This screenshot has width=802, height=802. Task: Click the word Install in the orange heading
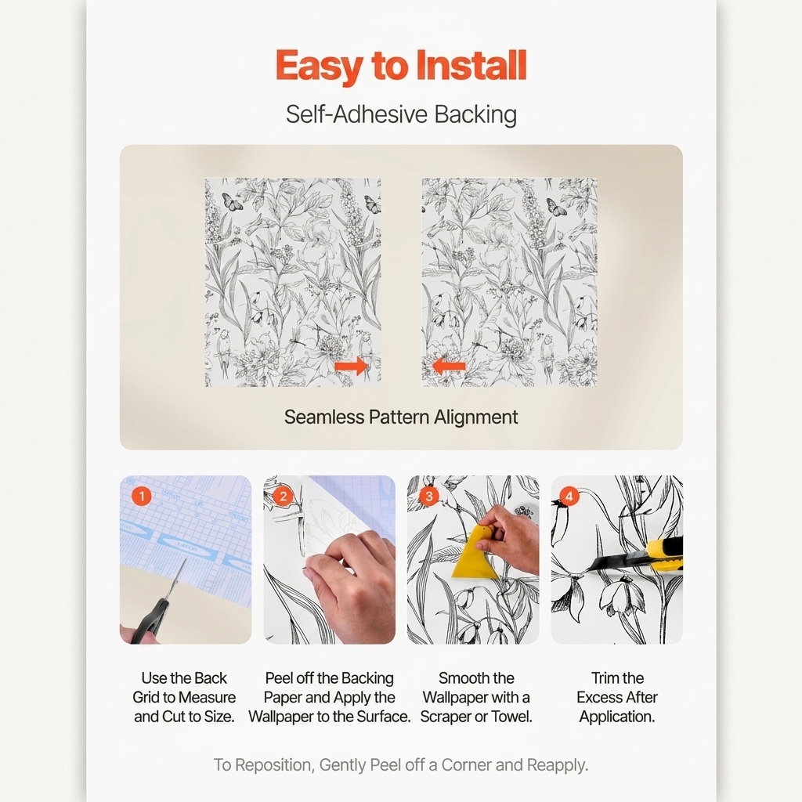pyautogui.click(x=471, y=66)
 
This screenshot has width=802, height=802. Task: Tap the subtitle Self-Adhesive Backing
pyautogui.click(x=401, y=114)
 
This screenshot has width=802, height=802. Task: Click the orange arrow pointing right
pyautogui.click(x=351, y=366)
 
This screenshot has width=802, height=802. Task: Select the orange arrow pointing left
pyautogui.click(x=449, y=366)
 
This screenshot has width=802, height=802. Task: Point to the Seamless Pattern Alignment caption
pyautogui.click(x=401, y=417)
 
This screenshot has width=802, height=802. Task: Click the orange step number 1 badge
pyautogui.click(x=141, y=496)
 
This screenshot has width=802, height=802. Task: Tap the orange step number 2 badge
pyautogui.click(x=283, y=496)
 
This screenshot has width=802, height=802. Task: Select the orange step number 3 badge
pyautogui.click(x=428, y=496)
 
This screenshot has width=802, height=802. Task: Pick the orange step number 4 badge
pyautogui.click(x=569, y=496)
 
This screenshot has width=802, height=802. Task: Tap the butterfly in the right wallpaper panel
pyautogui.click(x=557, y=207)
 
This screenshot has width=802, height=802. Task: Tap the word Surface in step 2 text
pyautogui.click(x=384, y=717)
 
